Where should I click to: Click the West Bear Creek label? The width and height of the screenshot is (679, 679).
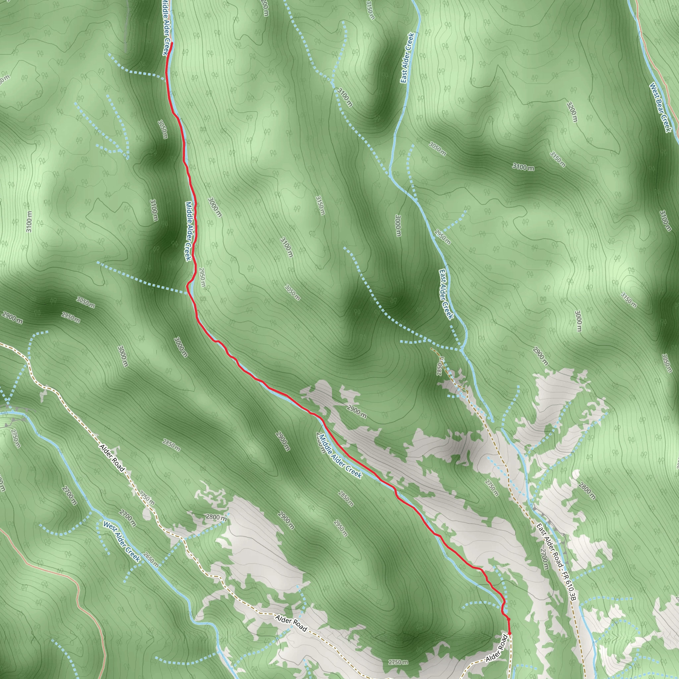660,107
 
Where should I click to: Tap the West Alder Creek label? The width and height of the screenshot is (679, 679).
122,542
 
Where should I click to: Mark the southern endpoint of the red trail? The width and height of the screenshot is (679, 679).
509,623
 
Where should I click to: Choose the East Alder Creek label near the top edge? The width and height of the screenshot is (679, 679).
407,58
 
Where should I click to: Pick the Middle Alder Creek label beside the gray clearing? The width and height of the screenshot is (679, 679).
340,456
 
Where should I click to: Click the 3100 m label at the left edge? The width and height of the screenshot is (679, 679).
29,221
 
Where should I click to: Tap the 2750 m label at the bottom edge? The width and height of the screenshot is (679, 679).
398,662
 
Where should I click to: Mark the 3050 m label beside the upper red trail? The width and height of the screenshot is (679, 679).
163,129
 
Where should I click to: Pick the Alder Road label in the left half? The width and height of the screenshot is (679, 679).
112,458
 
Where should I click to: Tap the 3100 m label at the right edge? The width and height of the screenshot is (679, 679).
665,221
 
